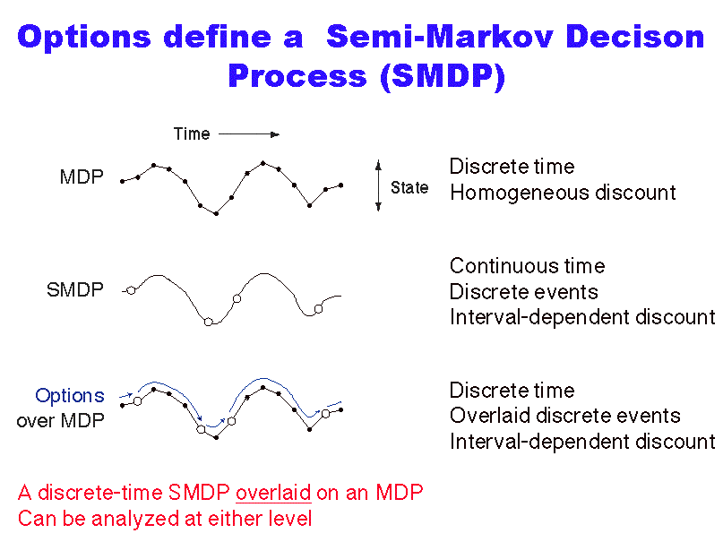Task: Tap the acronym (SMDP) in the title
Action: pos(443,76)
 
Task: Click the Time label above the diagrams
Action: pos(192,134)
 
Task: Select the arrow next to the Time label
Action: pos(249,134)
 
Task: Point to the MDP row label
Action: pos(82,177)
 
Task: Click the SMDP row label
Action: pos(75,290)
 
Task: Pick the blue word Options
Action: pos(70,396)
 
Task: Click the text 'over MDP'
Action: pos(60,421)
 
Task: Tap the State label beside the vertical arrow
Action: pos(409,187)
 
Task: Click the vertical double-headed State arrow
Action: pos(379,185)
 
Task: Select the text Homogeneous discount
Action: pos(563,193)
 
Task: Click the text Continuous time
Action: pos(527,266)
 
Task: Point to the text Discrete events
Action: pos(524,292)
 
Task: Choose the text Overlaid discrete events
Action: pos(564,416)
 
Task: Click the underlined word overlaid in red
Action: pos(273,493)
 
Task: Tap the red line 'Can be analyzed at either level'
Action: pos(165,519)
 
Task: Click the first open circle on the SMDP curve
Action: pos(132,291)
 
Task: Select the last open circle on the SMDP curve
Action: pos(318,309)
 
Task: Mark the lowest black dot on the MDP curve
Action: pos(216,213)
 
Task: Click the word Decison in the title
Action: pos(635,37)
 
